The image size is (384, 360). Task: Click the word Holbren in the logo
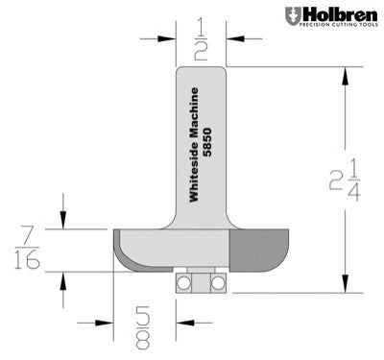333,13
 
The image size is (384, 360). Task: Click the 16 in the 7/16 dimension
28,261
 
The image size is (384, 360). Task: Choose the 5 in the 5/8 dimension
144,313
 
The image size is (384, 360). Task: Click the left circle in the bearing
183,282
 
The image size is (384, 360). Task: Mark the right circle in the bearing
219,282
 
